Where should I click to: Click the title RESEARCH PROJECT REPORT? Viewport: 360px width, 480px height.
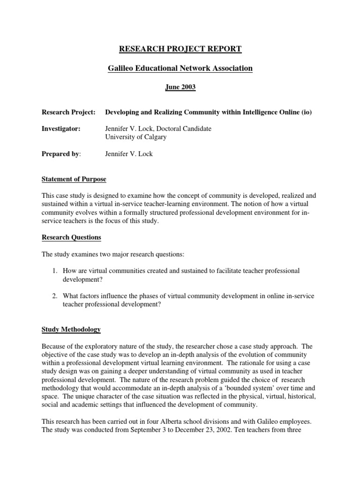click(x=180, y=49)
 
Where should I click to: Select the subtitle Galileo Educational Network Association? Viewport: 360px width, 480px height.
click(x=180, y=68)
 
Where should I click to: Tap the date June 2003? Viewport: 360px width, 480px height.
click(x=180, y=88)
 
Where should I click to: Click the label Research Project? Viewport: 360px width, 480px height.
click(x=68, y=112)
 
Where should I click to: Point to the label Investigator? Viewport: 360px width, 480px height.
click(x=61, y=129)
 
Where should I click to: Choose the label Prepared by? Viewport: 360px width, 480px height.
click(x=60, y=154)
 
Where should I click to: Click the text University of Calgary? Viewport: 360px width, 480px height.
click(x=135, y=137)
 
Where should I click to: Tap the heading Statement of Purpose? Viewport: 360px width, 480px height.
click(x=74, y=179)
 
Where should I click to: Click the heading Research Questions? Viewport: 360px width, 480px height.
click(x=71, y=237)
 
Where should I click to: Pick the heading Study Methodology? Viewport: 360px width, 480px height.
click(x=71, y=330)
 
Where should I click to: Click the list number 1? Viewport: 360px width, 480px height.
click(x=54, y=271)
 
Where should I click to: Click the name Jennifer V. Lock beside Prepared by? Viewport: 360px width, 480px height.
click(x=129, y=154)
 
